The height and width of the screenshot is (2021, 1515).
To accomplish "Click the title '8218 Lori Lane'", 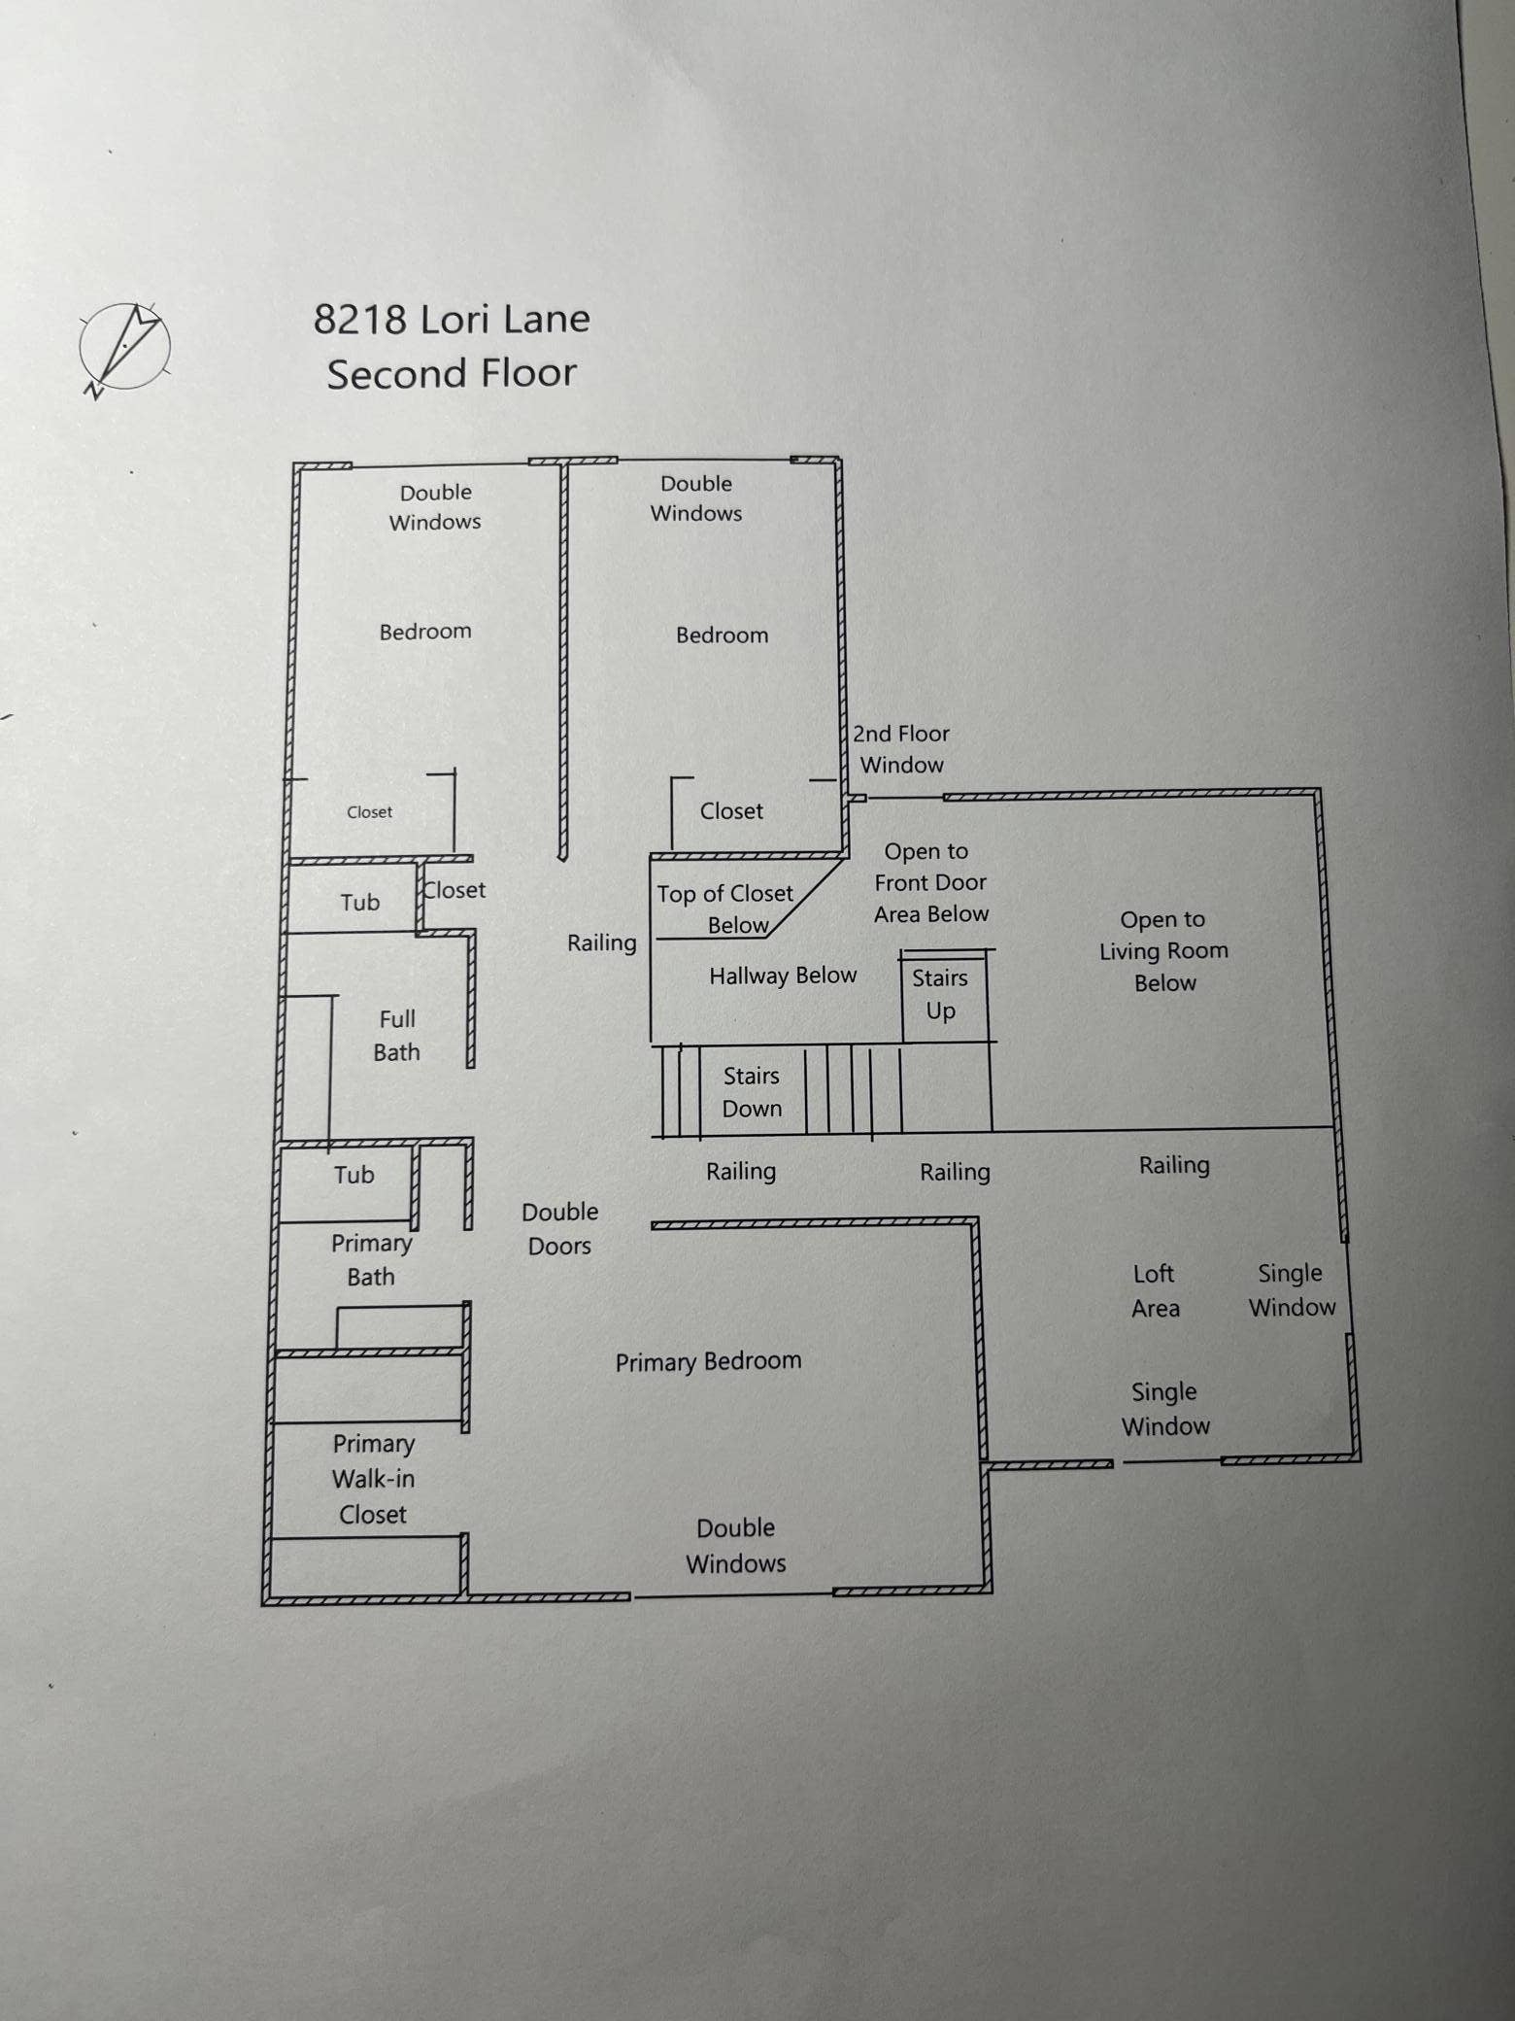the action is pyautogui.click(x=452, y=319).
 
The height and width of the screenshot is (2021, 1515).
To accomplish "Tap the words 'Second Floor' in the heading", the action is pyautogui.click(x=452, y=373).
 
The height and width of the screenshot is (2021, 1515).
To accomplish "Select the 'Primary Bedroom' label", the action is pyautogui.click(x=708, y=1361).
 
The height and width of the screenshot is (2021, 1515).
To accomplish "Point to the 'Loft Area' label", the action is pyautogui.click(x=1155, y=1290).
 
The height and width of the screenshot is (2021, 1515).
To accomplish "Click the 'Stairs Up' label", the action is pyautogui.click(x=940, y=994).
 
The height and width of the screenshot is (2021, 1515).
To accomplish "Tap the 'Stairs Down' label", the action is pyautogui.click(x=752, y=1092).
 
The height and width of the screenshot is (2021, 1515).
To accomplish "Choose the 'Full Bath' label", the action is pyautogui.click(x=396, y=1036).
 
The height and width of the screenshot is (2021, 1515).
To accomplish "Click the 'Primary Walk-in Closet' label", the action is pyautogui.click(x=373, y=1479).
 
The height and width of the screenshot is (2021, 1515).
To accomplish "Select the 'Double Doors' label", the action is pyautogui.click(x=559, y=1229).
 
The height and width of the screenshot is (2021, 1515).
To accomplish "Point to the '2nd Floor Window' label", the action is pyautogui.click(x=901, y=749).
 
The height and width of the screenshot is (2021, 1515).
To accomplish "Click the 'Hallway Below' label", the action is pyautogui.click(x=783, y=976).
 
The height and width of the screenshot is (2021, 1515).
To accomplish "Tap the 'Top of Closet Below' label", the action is pyautogui.click(x=725, y=909).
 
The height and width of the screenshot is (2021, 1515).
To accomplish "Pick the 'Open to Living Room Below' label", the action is pyautogui.click(x=1163, y=951).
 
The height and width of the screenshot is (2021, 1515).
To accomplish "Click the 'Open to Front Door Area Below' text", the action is pyautogui.click(x=930, y=883).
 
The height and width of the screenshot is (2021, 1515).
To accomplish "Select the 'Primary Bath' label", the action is pyautogui.click(x=371, y=1260).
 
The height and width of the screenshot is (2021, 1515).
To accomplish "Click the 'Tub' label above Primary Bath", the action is pyautogui.click(x=353, y=1175).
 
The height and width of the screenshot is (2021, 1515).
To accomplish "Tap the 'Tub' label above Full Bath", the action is pyautogui.click(x=359, y=903).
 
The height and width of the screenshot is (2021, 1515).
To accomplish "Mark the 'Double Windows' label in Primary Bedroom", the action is pyautogui.click(x=735, y=1546).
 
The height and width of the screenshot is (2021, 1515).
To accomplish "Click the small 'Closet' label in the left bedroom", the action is pyautogui.click(x=370, y=812).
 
